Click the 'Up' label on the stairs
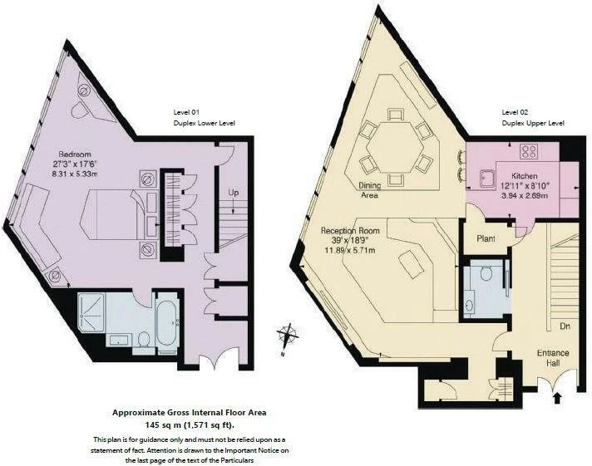click(233, 193)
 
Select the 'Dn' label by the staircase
click(565, 326)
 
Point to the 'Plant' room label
click(486, 238)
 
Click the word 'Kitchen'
click(525, 176)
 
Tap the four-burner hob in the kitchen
click(529, 151)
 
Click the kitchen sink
click(487, 178)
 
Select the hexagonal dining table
click(395, 148)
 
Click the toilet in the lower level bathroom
click(144, 341)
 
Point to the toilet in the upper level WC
click(486, 273)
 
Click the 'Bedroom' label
click(75, 154)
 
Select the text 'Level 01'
click(186, 112)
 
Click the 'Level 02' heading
click(515, 112)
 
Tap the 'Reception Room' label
click(350, 231)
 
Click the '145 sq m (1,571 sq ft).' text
click(190, 424)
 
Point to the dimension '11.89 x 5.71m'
click(350, 250)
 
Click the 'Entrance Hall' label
click(553, 358)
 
